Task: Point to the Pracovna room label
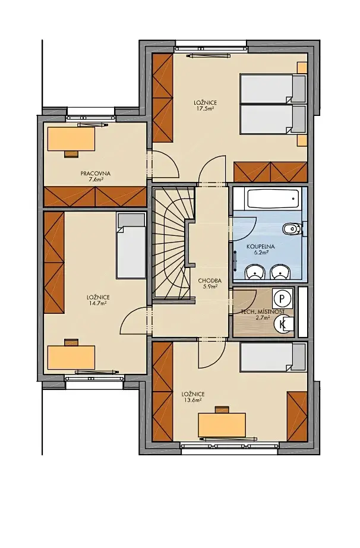click(x=95, y=174)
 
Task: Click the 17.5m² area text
click(x=206, y=109)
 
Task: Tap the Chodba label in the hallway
click(x=210, y=281)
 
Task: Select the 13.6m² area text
click(x=192, y=400)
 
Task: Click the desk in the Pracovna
click(x=71, y=139)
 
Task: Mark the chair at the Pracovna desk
click(x=71, y=154)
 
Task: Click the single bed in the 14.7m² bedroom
click(x=131, y=245)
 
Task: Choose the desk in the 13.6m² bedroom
click(x=222, y=425)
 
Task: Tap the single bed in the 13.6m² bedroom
click(x=273, y=357)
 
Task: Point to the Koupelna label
click(x=260, y=247)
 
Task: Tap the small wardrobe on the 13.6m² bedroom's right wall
click(x=297, y=416)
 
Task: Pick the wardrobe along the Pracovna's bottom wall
click(x=95, y=197)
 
